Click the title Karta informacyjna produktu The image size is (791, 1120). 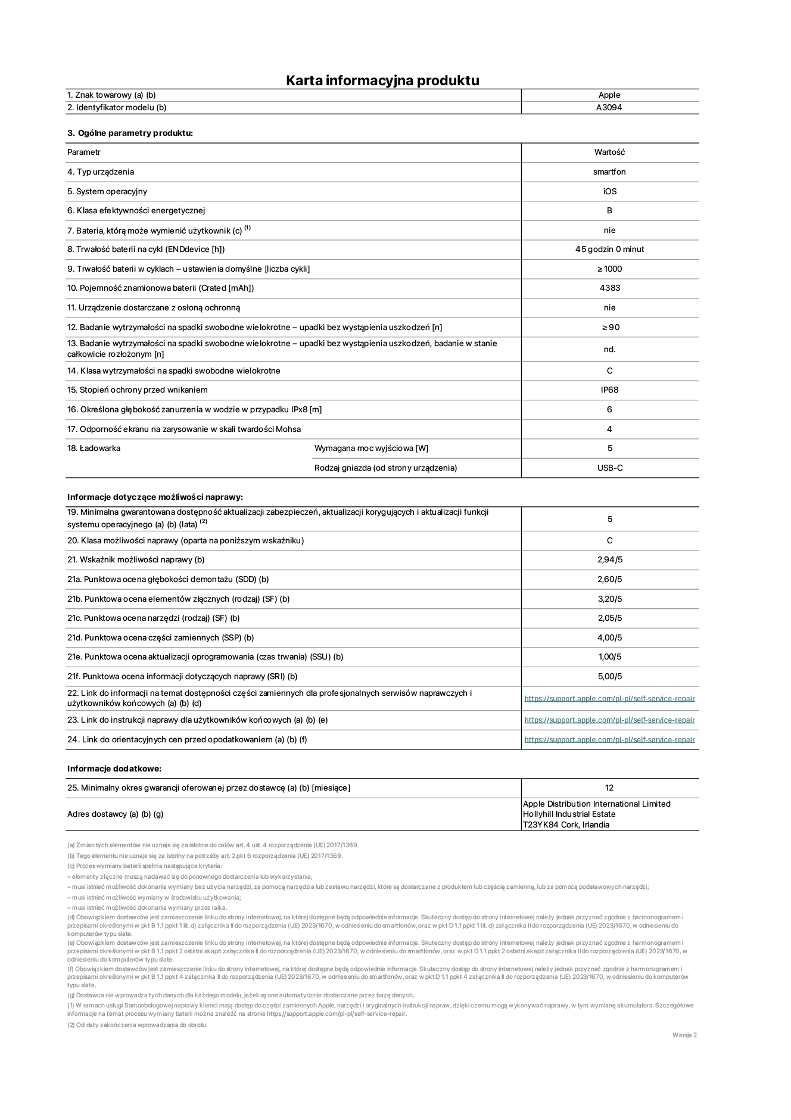tap(382, 80)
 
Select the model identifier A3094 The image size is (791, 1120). tap(609, 108)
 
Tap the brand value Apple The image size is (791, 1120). tap(609, 95)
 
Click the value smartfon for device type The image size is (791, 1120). tap(609, 172)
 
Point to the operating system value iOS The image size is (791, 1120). tap(609, 191)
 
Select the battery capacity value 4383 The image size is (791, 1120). tap(609, 288)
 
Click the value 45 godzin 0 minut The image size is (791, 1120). tap(609, 249)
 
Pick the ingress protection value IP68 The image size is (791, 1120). tap(609, 390)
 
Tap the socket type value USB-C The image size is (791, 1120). tap(609, 468)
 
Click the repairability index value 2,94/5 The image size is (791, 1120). tap(609, 559)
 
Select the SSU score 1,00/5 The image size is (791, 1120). tap(609, 657)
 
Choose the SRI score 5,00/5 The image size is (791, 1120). tap(609, 676)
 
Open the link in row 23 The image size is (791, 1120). tap(609, 720)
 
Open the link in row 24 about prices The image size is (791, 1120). tap(609, 739)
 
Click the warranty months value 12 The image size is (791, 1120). tap(609, 788)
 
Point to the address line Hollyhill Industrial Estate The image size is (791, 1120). tap(569, 814)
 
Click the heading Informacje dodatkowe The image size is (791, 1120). tap(114, 769)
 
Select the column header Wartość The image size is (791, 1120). tap(609, 152)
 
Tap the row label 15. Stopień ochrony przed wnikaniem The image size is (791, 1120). tap(138, 390)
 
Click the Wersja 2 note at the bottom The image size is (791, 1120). tap(684, 1035)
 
